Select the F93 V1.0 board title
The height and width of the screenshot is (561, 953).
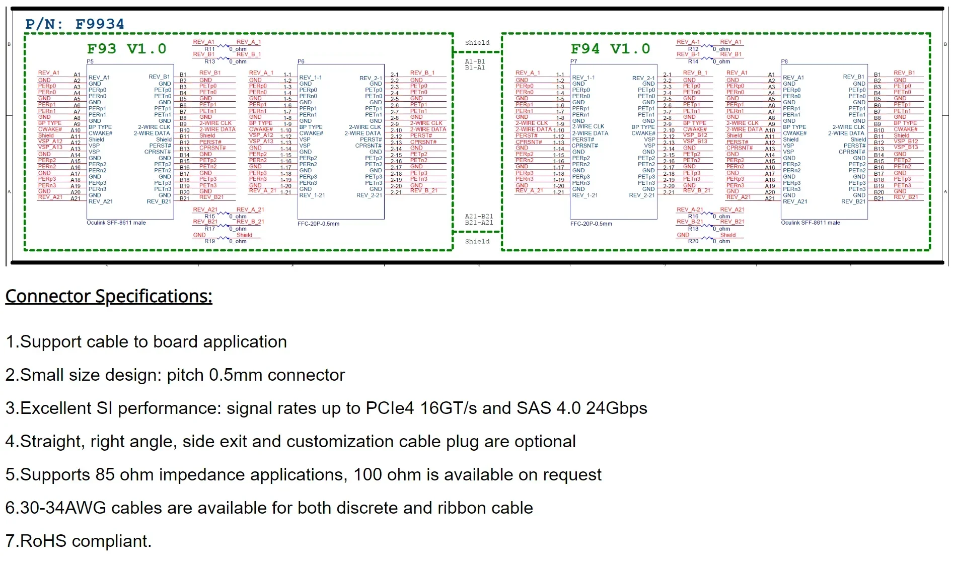tap(126, 49)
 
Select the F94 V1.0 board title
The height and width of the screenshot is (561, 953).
tap(610, 49)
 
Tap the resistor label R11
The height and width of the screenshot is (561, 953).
tap(209, 49)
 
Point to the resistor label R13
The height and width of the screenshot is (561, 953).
tap(209, 61)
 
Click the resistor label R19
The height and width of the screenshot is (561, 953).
tap(209, 241)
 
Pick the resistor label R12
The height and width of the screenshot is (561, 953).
tap(693, 49)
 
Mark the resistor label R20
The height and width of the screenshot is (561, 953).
tap(693, 241)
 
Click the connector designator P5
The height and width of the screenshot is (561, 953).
tap(90, 61)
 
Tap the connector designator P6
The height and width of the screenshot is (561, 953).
tap(301, 61)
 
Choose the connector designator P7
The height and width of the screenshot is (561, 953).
tap(574, 61)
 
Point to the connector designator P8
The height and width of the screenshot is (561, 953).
tap(784, 61)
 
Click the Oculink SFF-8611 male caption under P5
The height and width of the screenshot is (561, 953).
tap(116, 223)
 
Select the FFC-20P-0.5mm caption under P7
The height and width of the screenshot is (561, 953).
tap(591, 224)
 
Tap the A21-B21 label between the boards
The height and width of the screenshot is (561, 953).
tap(479, 216)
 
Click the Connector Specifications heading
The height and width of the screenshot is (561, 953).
tap(109, 296)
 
